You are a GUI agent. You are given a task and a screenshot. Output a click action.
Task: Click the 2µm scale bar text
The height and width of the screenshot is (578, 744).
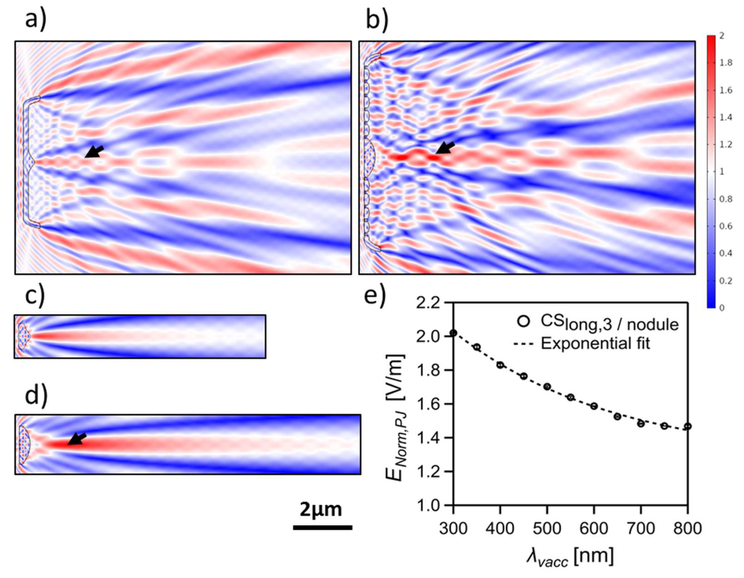point(321,510)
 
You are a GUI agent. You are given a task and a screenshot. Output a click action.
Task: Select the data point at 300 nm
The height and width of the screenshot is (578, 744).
point(453,333)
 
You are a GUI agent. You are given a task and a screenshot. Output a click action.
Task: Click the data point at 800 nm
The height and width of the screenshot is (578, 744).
point(687,426)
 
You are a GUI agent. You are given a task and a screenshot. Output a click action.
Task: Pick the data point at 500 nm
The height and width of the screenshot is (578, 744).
point(547,386)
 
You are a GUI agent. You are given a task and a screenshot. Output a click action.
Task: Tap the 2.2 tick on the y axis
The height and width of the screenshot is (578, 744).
point(432,303)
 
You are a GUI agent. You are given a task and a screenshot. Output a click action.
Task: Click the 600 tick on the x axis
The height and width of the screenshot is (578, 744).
point(594,529)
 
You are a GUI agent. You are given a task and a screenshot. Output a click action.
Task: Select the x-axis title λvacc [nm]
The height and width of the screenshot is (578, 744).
point(570,557)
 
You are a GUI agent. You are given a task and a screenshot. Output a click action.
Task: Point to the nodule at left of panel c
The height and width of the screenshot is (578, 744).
point(23,336)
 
